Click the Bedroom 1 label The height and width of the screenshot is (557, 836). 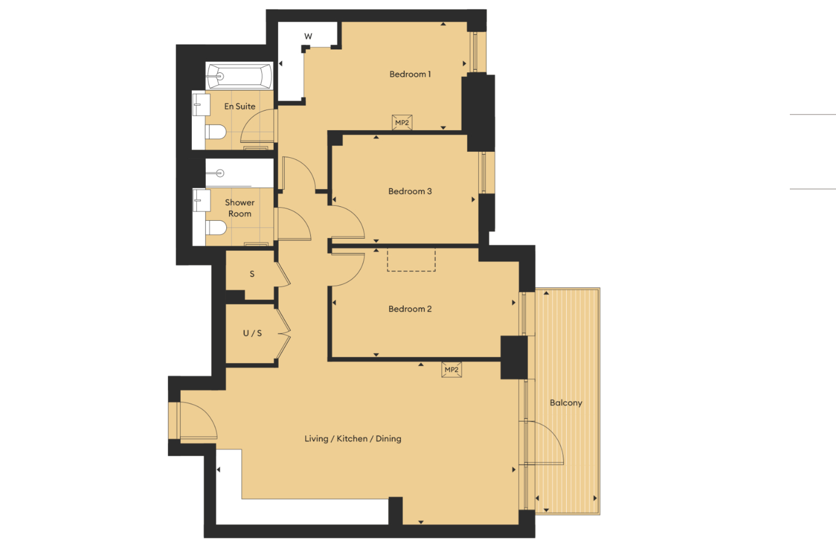coord(410,74)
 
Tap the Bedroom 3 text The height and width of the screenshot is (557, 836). coord(410,191)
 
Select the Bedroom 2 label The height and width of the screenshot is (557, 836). coord(410,309)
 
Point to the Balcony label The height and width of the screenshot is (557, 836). coord(566,403)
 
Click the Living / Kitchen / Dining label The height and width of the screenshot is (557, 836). coord(353,439)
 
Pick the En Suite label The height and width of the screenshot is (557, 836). coord(240,106)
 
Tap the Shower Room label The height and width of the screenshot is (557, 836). coord(240,208)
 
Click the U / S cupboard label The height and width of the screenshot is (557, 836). coord(253,333)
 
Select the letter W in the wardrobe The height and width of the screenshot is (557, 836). coord(308,37)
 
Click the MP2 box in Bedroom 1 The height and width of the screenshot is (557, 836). coord(402,122)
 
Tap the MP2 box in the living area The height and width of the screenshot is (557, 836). coord(451,370)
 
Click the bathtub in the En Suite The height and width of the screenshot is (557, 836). coord(239,77)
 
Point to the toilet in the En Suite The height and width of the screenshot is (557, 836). coord(216,132)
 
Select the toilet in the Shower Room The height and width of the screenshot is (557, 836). coord(216,227)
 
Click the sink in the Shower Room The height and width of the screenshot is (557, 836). coord(201,200)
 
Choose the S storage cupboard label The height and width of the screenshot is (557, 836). coord(252,274)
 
